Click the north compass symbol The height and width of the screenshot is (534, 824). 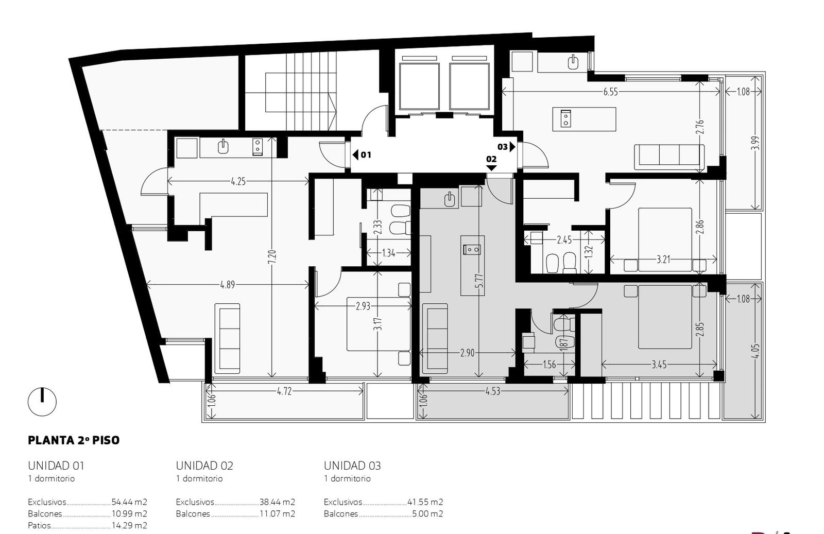tap(42, 402)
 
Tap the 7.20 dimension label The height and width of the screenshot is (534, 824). tap(272, 257)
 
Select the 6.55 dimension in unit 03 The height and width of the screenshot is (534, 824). tap(611, 92)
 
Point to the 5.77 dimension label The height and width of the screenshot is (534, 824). tap(479, 281)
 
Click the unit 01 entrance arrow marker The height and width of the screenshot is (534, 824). tap(355, 155)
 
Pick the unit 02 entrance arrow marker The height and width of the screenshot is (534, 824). tap(491, 168)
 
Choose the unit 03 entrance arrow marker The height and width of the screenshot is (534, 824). tap(512, 147)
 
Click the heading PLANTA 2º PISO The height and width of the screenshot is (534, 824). tap(74, 440)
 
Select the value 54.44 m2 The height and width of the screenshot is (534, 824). tap(129, 502)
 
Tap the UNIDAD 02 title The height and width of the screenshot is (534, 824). tap(204, 466)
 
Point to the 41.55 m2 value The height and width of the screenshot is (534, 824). tap(425, 502)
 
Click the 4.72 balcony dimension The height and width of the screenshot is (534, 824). tap(284, 391)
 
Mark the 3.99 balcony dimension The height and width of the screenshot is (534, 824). tap(755, 143)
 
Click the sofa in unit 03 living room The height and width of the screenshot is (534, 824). tap(669, 157)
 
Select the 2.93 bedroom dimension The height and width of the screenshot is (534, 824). tap(363, 306)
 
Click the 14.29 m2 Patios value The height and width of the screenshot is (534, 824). tap(129, 526)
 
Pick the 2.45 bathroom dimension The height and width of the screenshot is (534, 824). tap(564, 240)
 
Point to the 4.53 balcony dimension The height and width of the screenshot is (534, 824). tap(493, 391)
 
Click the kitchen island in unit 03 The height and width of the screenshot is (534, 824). tap(584, 119)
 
